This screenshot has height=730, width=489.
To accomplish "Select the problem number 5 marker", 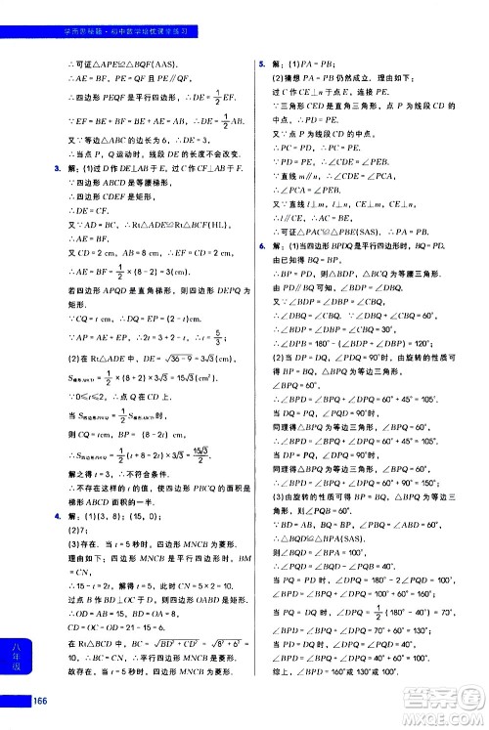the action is tap(262, 63).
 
